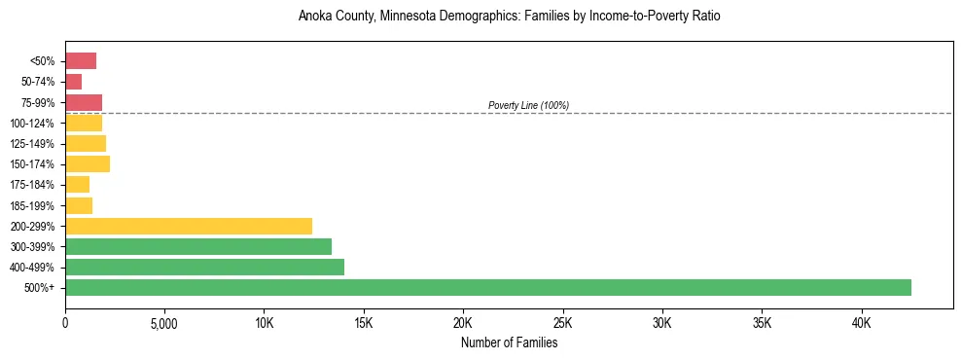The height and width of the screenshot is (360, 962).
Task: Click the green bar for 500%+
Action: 488,287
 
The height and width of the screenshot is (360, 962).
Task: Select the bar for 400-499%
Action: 204,267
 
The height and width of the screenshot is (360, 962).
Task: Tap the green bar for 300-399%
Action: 198,246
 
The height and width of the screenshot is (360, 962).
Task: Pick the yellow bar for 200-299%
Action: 189,226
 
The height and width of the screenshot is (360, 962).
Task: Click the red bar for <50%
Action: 81,61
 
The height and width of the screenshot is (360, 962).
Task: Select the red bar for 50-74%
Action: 74,82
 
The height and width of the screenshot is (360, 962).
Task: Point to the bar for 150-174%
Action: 88,163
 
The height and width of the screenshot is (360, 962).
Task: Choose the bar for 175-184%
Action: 78,184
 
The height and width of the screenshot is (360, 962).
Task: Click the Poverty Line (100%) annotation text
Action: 528,105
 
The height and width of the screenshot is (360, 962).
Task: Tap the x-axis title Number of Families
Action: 509,342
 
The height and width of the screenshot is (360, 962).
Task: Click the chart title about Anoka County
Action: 509,17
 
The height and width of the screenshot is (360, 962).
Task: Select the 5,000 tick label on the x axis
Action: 164,322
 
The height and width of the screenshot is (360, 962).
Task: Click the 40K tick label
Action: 861,322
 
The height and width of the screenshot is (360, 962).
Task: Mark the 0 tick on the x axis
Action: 65,322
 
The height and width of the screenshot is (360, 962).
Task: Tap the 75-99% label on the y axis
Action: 39,102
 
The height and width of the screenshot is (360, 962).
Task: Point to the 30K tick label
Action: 662,322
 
